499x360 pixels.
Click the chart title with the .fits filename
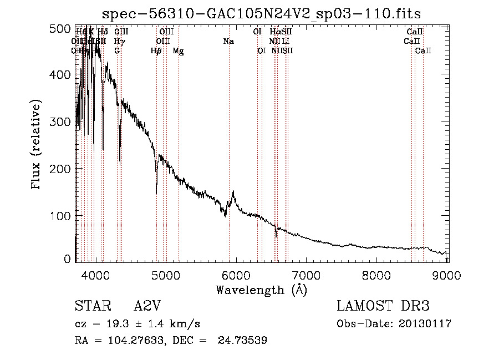point(262,13)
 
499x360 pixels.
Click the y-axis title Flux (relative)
point(37,145)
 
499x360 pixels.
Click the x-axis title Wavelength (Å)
point(261,290)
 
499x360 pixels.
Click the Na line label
point(228,41)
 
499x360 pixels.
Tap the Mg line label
point(179,51)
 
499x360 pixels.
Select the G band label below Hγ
point(117,51)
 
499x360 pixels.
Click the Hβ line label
point(156,51)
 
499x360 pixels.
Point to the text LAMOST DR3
point(383,306)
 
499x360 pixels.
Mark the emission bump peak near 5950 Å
point(233,192)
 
